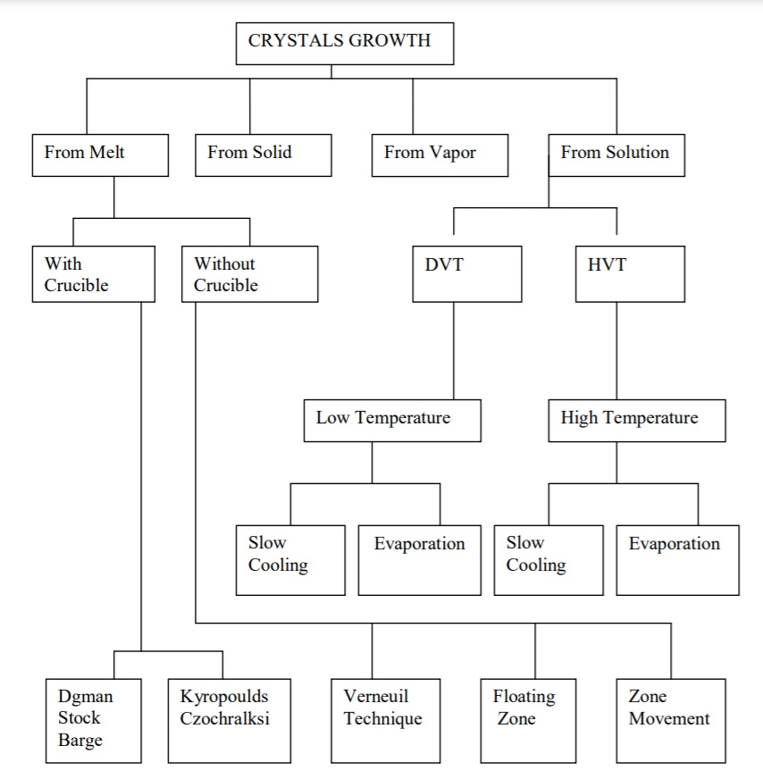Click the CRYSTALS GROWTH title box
(x=346, y=43)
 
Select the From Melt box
(x=99, y=155)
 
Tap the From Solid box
(x=264, y=155)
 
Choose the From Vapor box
(x=440, y=155)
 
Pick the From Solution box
(x=616, y=155)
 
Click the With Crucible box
(x=93, y=274)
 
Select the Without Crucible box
(x=249, y=274)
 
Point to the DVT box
(x=466, y=274)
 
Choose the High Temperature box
(x=636, y=421)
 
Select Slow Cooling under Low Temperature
(x=290, y=559)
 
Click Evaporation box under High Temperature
(x=677, y=559)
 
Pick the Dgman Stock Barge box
(x=93, y=720)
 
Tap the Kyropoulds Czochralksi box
(x=222, y=720)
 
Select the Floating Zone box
(x=534, y=720)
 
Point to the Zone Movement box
(x=670, y=720)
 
